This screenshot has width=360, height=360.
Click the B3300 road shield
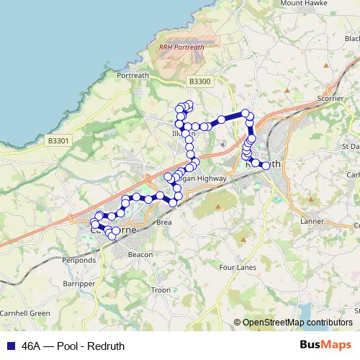(x=198, y=82)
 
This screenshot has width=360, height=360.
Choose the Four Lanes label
(x=238, y=267)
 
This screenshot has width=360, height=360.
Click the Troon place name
(x=161, y=290)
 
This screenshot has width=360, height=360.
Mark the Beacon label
(x=140, y=254)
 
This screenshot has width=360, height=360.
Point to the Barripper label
(x=78, y=284)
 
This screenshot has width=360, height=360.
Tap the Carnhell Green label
(x=25, y=313)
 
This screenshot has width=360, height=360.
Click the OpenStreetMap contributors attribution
(x=297, y=322)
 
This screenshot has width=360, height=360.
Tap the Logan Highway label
(x=205, y=178)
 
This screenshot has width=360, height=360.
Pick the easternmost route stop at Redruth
(x=266, y=166)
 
